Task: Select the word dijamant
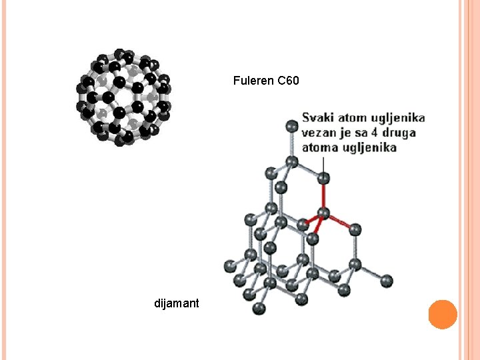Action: point(176,304)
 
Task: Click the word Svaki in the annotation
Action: point(316,118)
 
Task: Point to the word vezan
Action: point(317,133)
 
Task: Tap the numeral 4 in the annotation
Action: point(377,133)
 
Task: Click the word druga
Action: point(400,133)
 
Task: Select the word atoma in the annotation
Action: point(317,147)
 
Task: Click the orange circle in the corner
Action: point(443,314)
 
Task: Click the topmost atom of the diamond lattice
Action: point(291,125)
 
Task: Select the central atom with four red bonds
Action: point(323,213)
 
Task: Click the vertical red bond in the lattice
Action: point(323,197)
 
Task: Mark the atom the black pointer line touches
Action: point(323,179)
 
